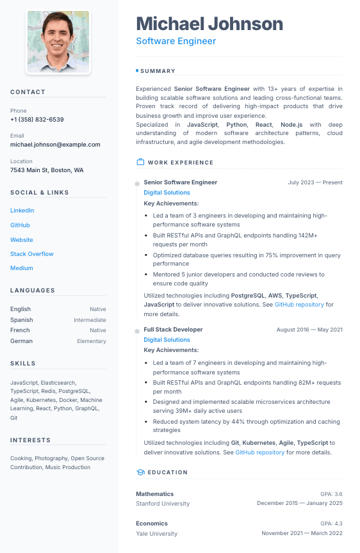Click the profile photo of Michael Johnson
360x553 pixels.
pos(58,42)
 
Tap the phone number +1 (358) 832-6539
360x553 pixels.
pos(37,120)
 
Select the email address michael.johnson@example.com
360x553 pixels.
pos(55,145)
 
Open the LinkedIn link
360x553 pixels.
pos(22,211)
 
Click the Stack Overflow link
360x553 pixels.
pos(32,254)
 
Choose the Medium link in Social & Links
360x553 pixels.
pos(22,268)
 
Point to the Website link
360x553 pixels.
pos(22,240)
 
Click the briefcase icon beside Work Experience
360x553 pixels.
pos(140,163)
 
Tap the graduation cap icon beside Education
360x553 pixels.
pos(140,472)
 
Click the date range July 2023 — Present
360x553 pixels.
pos(315,182)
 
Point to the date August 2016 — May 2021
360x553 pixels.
pos(309,330)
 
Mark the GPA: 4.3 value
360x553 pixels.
pos(331,524)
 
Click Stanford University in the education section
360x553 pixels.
pos(163,504)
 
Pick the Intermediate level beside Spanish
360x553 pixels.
pos(90,320)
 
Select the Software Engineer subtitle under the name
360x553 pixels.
pos(176,41)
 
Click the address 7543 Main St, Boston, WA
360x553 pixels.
pos(47,170)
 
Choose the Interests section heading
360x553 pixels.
pos(31,440)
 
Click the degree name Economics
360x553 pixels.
pos(152,524)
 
